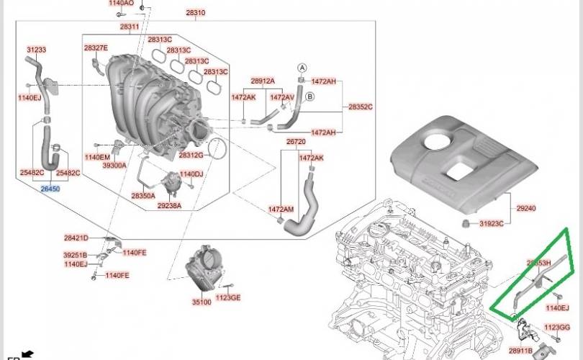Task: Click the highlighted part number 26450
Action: tap(50, 189)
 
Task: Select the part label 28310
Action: tap(195, 13)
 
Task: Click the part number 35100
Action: tap(202, 302)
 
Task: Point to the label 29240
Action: tap(526, 208)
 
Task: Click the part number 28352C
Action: tap(360, 107)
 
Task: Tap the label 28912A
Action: tap(263, 81)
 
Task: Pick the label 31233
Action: tap(36, 50)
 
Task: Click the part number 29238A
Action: tap(170, 206)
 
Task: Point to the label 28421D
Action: tap(76, 238)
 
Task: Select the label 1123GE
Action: tap(228, 297)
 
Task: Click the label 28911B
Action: tap(520, 351)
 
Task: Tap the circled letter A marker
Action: tap(302, 66)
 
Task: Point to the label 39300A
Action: tap(114, 165)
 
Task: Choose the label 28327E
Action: tap(96, 48)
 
